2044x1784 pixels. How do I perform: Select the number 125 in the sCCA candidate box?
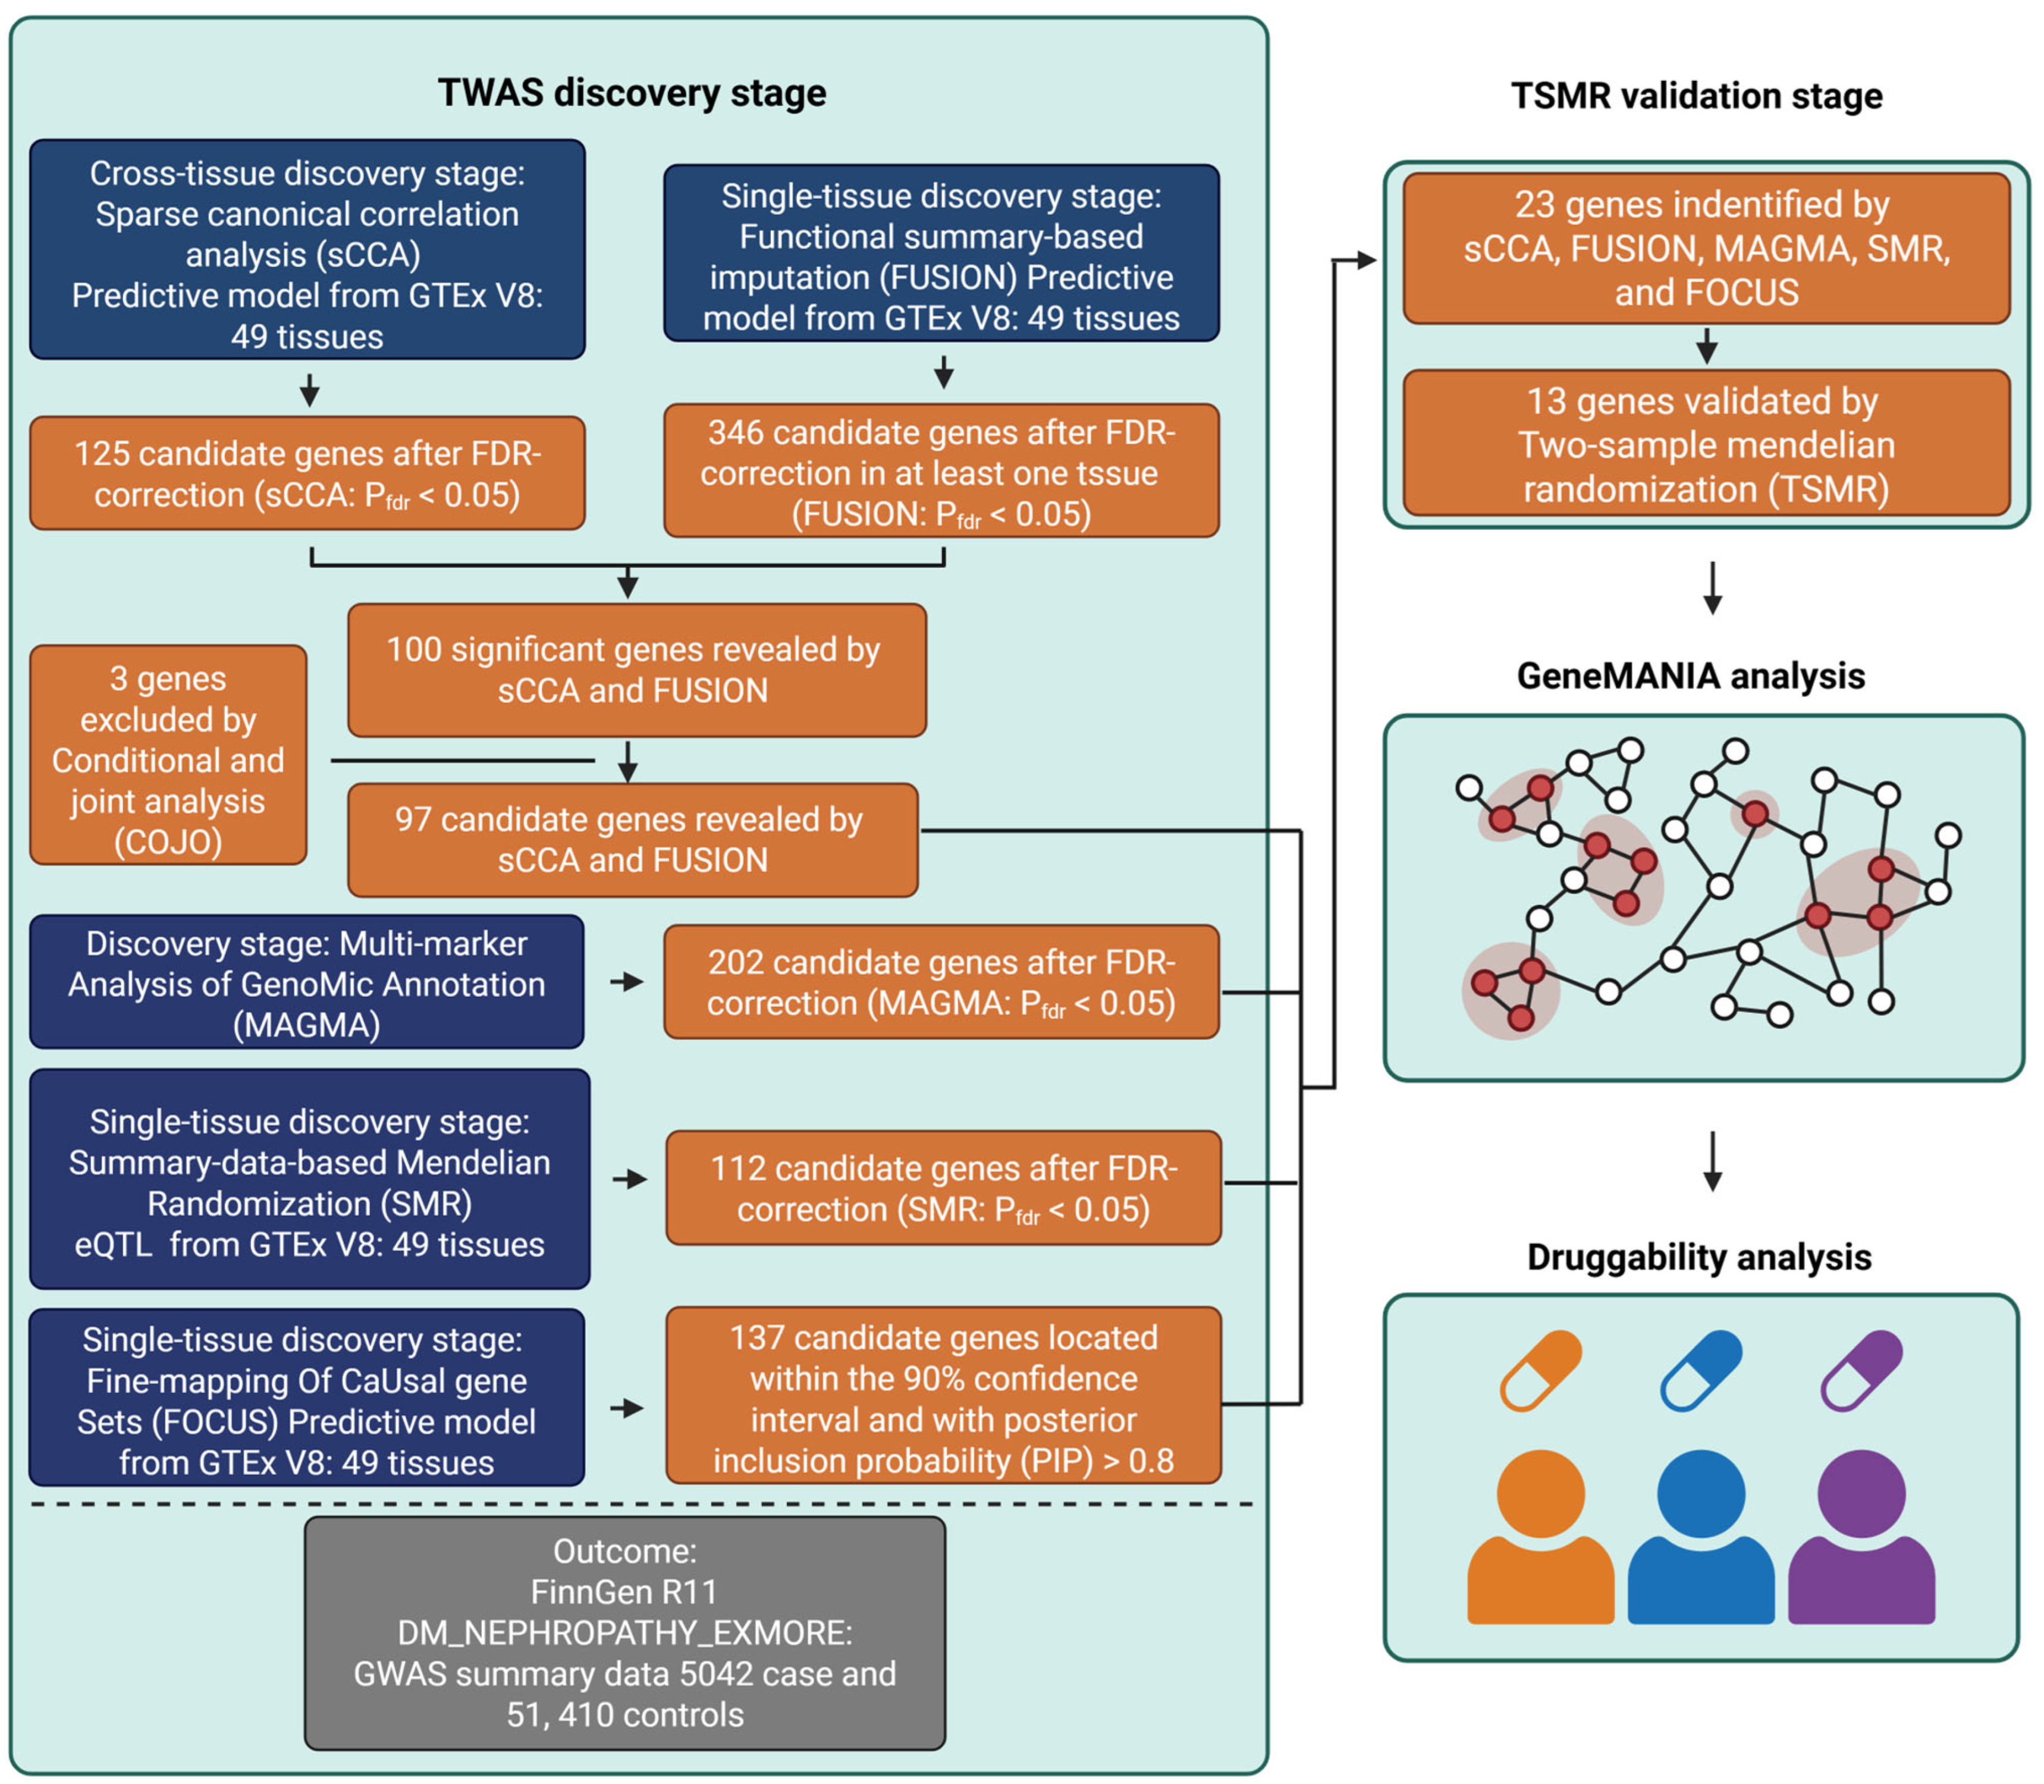[102, 454]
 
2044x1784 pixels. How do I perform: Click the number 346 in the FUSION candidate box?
[736, 433]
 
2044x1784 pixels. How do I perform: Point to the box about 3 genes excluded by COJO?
[168, 755]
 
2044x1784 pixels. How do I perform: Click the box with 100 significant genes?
[636, 670]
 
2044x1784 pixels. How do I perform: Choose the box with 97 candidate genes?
[632, 839]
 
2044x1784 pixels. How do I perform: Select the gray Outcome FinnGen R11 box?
[624, 1633]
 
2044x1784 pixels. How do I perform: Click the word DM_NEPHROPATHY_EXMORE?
[624, 1633]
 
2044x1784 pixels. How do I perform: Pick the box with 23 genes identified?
[1706, 248]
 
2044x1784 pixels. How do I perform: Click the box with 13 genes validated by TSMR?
[1706, 444]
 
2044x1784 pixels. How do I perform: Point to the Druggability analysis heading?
[1698, 1257]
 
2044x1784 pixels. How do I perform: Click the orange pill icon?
[1540, 1371]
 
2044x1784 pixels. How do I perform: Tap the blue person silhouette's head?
[1700, 1493]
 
